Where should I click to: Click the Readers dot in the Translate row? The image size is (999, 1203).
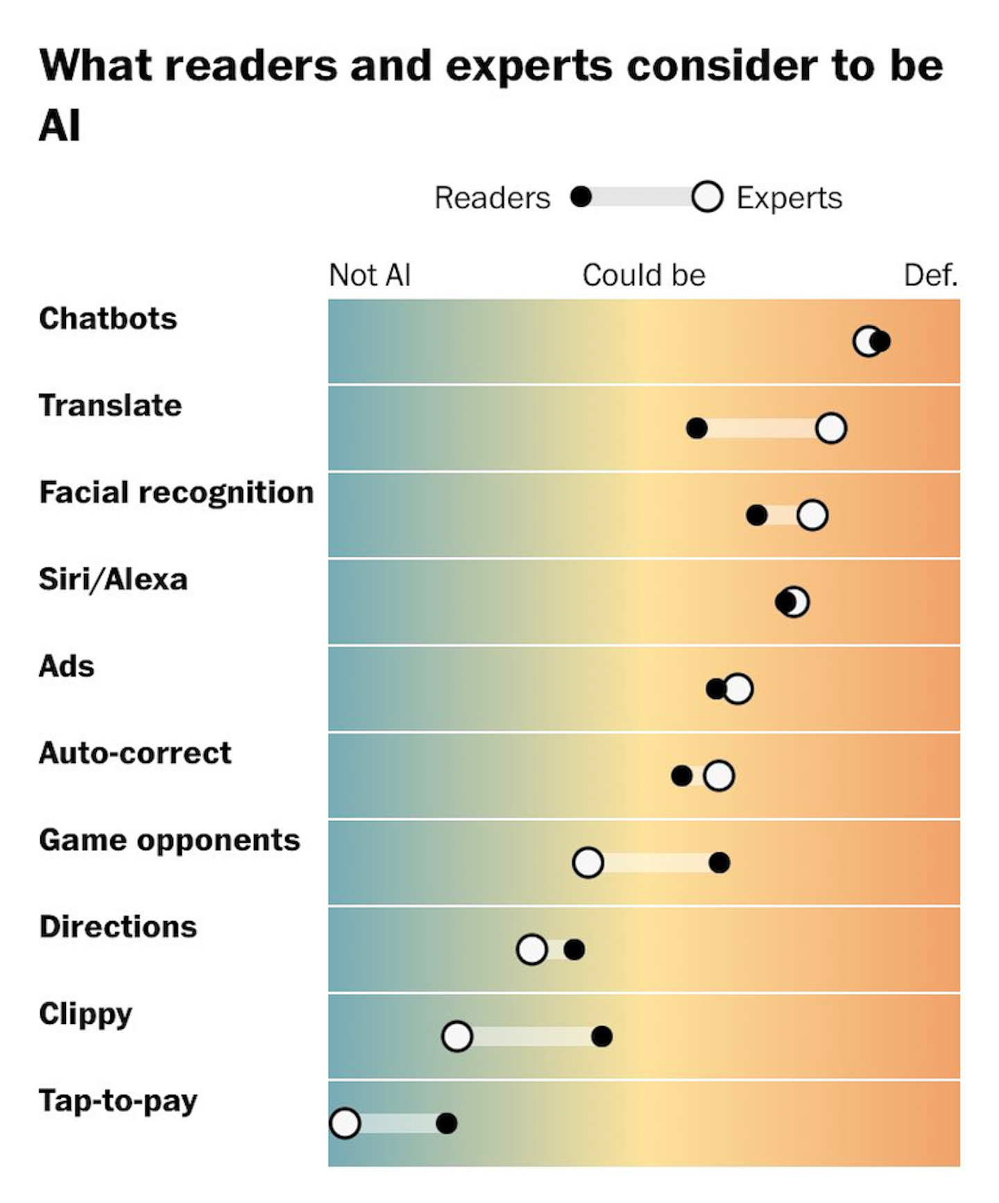[697, 428]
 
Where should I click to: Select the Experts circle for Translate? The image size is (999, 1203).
[830, 428]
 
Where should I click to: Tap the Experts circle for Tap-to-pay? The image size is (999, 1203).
[345, 1123]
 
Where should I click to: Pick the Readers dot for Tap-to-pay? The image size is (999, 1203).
[446, 1123]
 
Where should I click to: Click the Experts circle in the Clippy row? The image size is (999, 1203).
[456, 1036]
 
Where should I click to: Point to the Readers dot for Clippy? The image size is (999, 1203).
[601, 1036]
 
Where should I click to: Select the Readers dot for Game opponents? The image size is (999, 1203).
[719, 863]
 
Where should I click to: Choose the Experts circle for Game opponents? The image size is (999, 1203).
[588, 863]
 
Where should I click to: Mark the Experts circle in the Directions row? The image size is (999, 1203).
[532, 950]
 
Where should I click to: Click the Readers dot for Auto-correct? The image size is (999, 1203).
[681, 775]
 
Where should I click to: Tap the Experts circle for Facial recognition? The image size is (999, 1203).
[812, 515]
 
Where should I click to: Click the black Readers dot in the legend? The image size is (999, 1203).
[581, 197]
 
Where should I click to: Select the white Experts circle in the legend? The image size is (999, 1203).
[707, 197]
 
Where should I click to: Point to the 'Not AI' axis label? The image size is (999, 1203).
[370, 276]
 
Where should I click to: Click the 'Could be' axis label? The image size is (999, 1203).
[644, 276]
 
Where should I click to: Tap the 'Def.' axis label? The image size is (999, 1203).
[930, 276]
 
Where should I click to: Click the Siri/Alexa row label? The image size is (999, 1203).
[113, 580]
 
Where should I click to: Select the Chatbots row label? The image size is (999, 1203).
[108, 319]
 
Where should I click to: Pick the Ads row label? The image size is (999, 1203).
[67, 666]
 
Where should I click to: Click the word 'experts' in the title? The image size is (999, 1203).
[529, 67]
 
